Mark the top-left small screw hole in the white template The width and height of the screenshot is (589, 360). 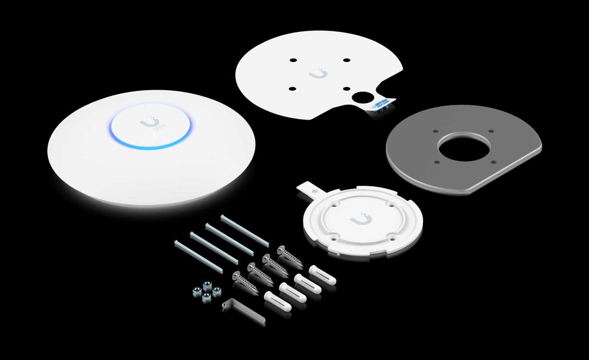pos(294,60)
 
